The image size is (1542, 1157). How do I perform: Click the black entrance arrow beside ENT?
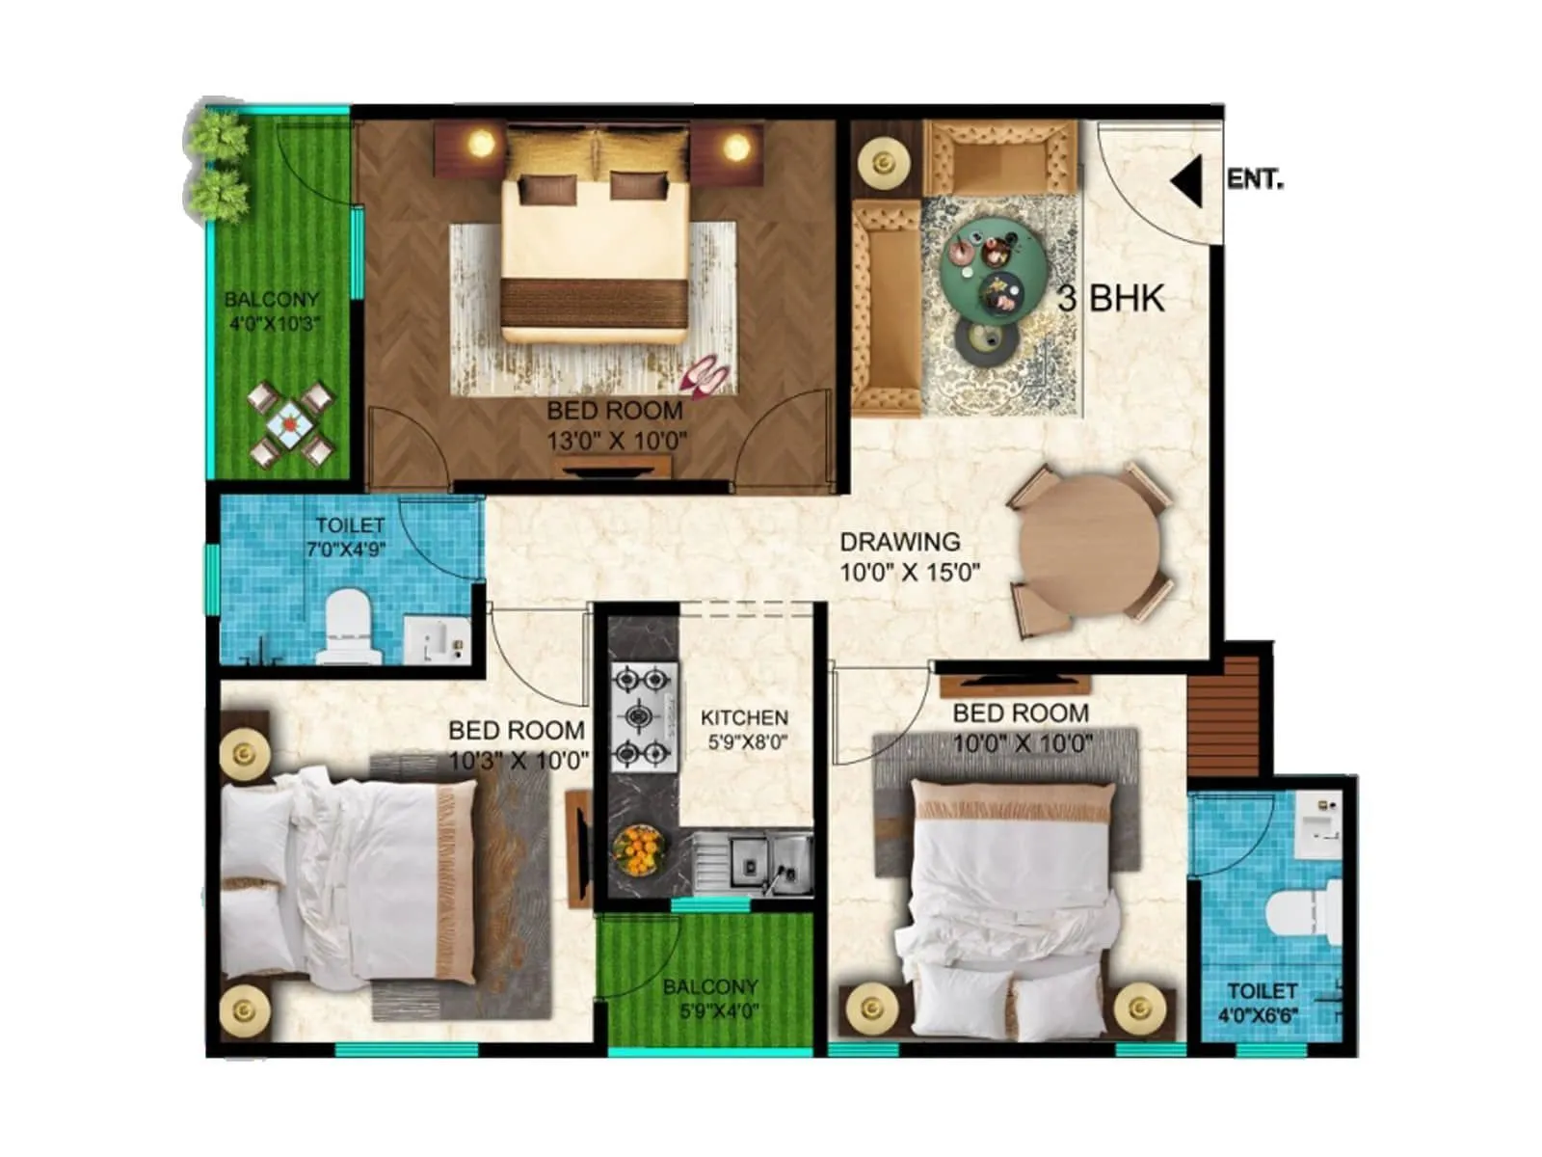[x=1188, y=181]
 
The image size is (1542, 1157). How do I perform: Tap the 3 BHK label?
[x=1111, y=299]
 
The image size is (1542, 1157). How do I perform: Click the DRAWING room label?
[x=899, y=542]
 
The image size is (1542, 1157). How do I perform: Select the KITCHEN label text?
[x=744, y=717]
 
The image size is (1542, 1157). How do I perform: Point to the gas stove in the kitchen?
[x=644, y=716]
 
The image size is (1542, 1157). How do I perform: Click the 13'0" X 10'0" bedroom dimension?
[x=617, y=442]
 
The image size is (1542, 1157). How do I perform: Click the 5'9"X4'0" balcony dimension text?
[x=711, y=1011]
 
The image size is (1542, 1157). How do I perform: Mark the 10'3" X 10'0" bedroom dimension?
[x=518, y=760]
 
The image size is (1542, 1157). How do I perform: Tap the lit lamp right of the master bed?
[x=735, y=148]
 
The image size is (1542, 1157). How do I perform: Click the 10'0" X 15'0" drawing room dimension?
[x=910, y=573]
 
